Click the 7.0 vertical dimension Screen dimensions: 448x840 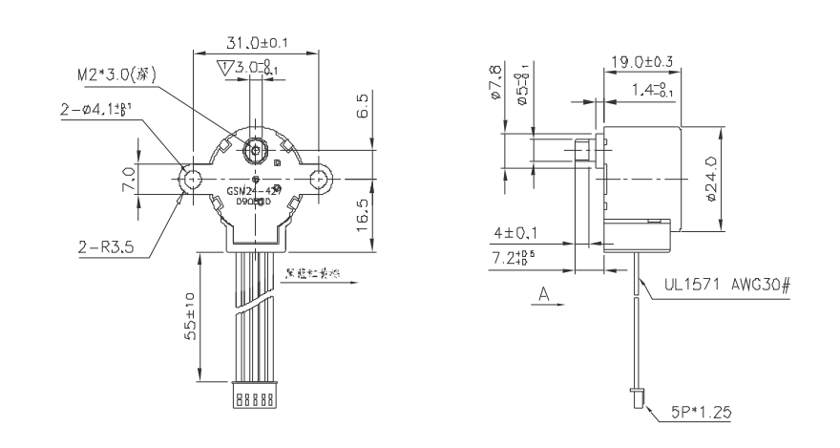(127, 178)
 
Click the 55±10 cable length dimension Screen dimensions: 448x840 (189, 314)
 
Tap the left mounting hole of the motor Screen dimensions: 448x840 (192, 178)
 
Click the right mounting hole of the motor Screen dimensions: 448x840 (319, 178)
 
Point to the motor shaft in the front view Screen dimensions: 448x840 (255, 150)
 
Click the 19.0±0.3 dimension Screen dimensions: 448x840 (640, 62)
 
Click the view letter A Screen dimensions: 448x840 (545, 296)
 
